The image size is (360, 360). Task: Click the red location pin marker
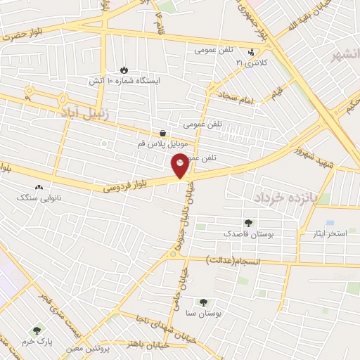pos(181,166)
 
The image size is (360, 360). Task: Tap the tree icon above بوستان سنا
pos(203,302)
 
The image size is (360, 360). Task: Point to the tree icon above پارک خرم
pos(37,328)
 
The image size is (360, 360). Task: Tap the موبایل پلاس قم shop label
pos(162,144)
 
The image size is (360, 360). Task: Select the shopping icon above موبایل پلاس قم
pos(163,133)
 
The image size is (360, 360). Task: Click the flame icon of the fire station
pos(124,70)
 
